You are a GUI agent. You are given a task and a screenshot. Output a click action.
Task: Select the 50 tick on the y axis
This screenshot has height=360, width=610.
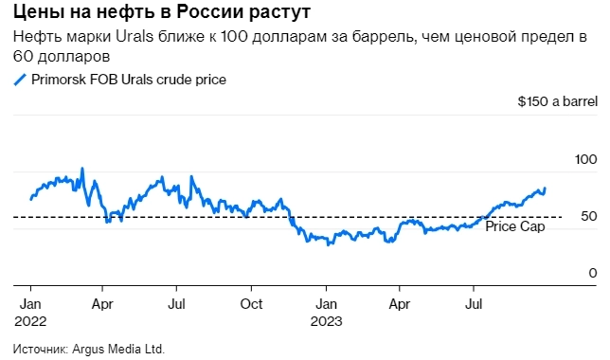[588, 217]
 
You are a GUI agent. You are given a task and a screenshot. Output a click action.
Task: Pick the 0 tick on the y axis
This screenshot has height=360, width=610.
[592, 274]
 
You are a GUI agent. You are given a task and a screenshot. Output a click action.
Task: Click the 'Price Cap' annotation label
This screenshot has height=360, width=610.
[514, 227]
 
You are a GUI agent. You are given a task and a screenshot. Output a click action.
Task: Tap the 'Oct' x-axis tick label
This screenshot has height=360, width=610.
[251, 305]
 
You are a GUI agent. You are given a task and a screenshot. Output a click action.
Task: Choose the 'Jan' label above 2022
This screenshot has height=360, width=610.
[29, 305]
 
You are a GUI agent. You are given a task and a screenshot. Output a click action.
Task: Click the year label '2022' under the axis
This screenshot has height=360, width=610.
[30, 321]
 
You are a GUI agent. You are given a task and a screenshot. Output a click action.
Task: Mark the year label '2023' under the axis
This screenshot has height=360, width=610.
[326, 321]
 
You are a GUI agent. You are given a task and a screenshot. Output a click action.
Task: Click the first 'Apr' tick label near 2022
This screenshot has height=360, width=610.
[104, 305]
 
